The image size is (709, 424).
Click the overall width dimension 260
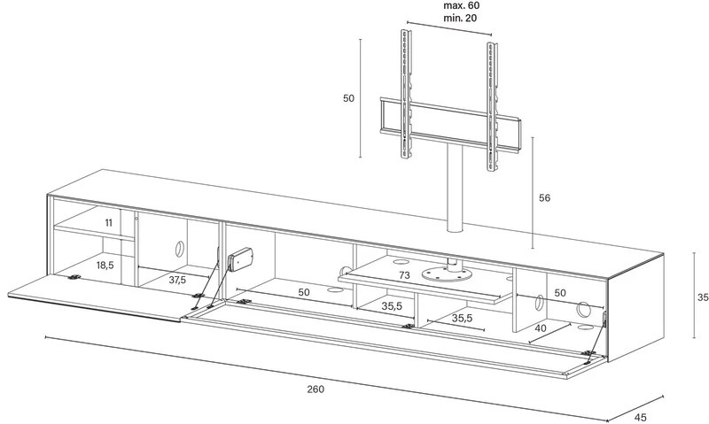pyautogui.click(x=316, y=389)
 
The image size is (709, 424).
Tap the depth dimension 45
pyautogui.click(x=640, y=417)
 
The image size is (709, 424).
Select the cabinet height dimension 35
pyautogui.click(x=703, y=297)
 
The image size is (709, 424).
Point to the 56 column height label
pyautogui.click(x=545, y=197)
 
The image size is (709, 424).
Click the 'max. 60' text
pyautogui.click(x=461, y=6)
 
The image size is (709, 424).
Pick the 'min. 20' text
pyautogui.click(x=460, y=18)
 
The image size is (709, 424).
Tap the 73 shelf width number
pyautogui.click(x=404, y=275)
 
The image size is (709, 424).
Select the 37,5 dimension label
pyautogui.click(x=177, y=280)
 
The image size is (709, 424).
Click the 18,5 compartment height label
pyautogui.click(x=105, y=265)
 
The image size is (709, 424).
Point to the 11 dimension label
pyautogui.click(x=108, y=222)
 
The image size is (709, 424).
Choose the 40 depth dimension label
pyautogui.click(x=541, y=328)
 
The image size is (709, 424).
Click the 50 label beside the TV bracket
pyautogui.click(x=348, y=98)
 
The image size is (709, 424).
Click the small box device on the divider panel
pyautogui.click(x=240, y=258)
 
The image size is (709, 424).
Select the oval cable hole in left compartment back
pyautogui.click(x=179, y=248)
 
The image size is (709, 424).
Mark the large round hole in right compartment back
pyautogui.click(x=584, y=309)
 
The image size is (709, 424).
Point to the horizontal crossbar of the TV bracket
pyautogui.click(x=450, y=121)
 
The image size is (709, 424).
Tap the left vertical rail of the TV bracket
pyautogui.click(x=406, y=94)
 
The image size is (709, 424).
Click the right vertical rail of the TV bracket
pyautogui.click(x=492, y=107)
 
